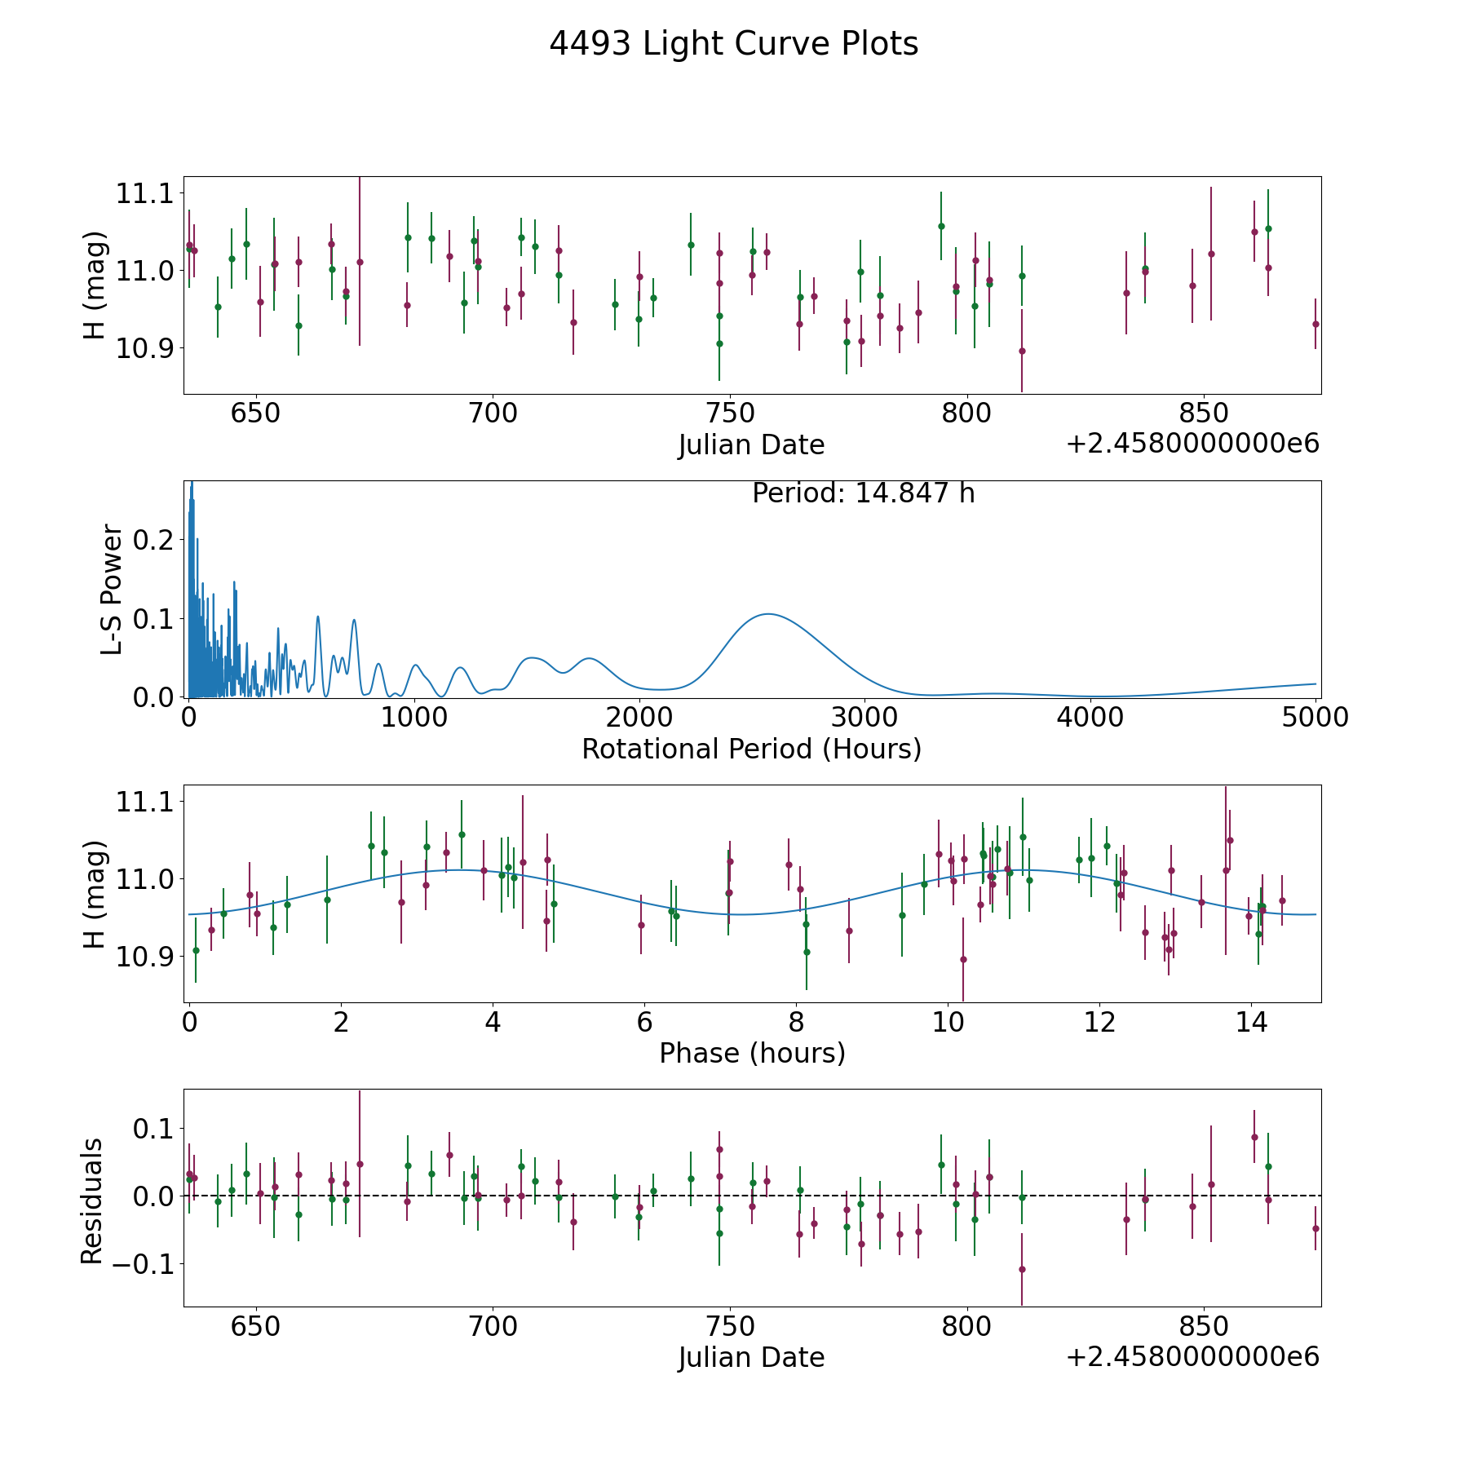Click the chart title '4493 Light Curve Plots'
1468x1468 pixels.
pos(733,44)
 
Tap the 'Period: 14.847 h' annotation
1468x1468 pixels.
pos(863,493)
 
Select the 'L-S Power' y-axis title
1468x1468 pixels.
pos(112,590)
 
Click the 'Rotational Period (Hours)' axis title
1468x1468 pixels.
pos(751,749)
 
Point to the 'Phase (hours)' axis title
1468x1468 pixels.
pos(752,1053)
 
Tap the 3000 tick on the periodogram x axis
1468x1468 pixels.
pos(864,718)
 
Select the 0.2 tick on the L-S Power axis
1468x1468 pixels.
pos(155,540)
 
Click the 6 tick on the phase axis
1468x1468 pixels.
pos(644,1022)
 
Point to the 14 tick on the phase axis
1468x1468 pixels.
pos(1251,1022)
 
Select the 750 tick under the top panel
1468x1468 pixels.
pos(730,413)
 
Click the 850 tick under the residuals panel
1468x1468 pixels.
pos(1204,1326)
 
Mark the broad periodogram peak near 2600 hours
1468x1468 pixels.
pos(767,614)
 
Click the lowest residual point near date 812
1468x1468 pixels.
pos(1022,1269)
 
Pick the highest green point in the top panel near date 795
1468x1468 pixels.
pos(941,226)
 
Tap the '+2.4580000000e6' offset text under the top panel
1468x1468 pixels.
pos(1192,444)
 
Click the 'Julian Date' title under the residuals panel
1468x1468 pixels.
pos(751,1357)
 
